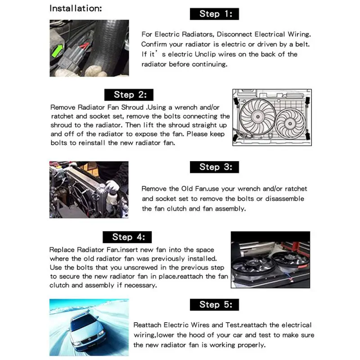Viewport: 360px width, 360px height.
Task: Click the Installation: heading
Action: coord(76,9)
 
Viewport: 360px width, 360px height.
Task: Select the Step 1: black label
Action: coord(216,14)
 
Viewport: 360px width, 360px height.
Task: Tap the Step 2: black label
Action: coord(129,94)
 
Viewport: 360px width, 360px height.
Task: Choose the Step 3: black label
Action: coord(216,167)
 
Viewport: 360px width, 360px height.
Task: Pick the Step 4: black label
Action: coord(128,237)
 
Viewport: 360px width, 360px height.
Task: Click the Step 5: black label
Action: coord(216,305)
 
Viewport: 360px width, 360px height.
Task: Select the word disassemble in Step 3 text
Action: coord(284,198)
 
